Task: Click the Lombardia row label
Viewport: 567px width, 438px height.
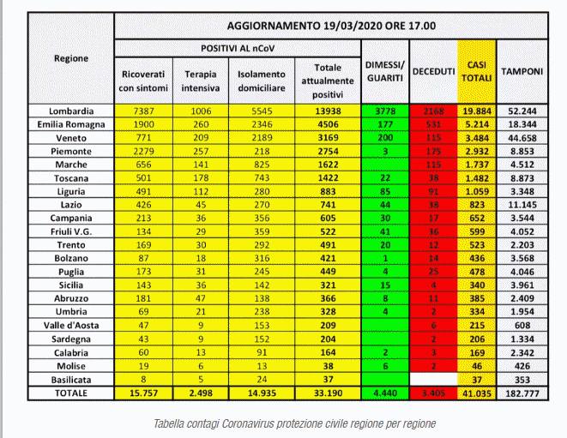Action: (x=70, y=111)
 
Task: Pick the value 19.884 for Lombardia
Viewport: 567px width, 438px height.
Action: (x=477, y=111)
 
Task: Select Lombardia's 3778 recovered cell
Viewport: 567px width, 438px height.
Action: (x=383, y=111)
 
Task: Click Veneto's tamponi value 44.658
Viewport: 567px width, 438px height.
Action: (x=522, y=138)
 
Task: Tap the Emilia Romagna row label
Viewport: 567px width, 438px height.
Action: (x=70, y=125)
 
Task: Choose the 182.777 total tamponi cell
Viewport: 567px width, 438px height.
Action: (x=522, y=393)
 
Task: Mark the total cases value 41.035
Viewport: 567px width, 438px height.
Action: (x=477, y=393)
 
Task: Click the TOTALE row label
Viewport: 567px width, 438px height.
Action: (x=70, y=393)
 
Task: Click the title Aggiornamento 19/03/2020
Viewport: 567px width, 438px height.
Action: (x=331, y=26)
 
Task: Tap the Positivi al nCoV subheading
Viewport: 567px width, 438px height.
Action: (x=236, y=48)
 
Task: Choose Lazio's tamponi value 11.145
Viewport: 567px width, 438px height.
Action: (x=522, y=206)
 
